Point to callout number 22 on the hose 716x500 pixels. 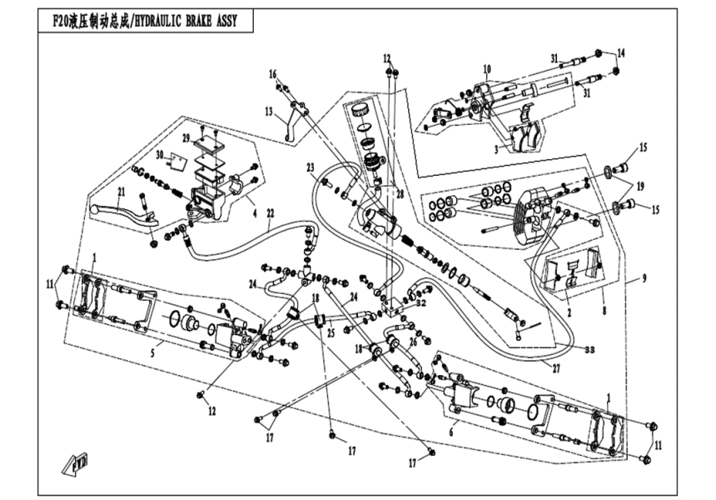pos(269,213)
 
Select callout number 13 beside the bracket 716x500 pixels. pos(269,111)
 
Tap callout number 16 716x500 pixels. pos(272,74)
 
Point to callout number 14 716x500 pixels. pos(619,52)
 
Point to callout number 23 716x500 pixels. pos(311,167)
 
